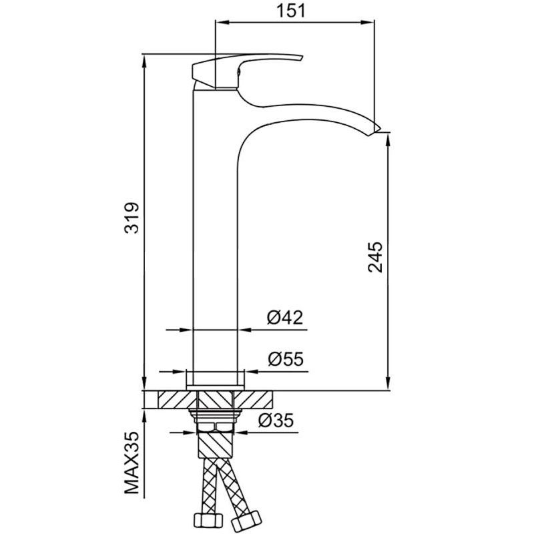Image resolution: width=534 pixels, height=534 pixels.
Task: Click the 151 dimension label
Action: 291,11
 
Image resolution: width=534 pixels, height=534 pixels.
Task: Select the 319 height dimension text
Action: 131,218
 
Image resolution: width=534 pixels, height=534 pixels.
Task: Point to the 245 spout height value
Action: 375,257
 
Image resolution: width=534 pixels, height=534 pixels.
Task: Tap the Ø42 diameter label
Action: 285,318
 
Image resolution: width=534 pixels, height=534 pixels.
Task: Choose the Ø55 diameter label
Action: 286,358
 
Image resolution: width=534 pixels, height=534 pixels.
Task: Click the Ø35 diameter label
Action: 276,421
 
